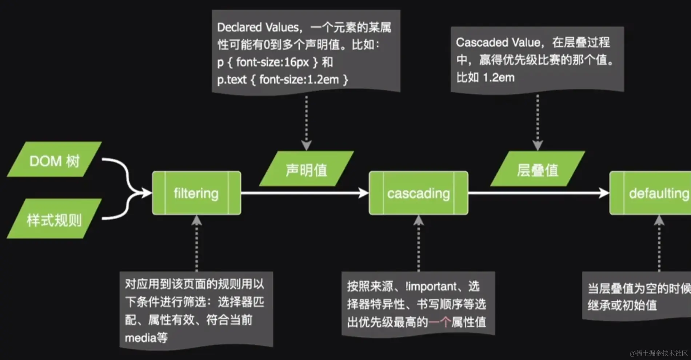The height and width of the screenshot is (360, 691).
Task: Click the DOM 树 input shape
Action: pos(54,160)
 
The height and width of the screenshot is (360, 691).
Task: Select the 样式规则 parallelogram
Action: pos(54,219)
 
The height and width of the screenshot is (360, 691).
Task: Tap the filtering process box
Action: pos(196,193)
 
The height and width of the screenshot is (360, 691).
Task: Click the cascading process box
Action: pos(418,193)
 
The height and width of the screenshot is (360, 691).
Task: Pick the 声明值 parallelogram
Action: pos(306,169)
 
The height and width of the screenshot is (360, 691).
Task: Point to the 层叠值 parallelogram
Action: pos(538,169)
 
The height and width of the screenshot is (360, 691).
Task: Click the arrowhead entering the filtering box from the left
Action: pos(147,193)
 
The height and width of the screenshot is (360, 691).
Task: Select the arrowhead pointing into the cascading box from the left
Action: pos(363,193)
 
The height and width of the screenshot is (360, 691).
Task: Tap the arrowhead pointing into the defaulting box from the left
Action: pos(604,193)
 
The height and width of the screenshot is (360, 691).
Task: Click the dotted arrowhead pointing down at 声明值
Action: pos(306,145)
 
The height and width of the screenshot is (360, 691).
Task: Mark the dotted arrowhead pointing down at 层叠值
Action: pos(538,145)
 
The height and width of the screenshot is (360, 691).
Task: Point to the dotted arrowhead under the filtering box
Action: pos(196,220)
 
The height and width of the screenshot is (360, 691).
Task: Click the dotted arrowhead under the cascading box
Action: pos(418,220)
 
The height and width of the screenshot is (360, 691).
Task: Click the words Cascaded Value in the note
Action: pos(498,43)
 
